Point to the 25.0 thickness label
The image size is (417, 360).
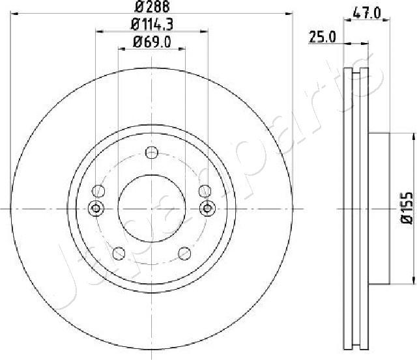pos(322,38)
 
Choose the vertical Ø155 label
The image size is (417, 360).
pos(407,208)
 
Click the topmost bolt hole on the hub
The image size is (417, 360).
pos(152,153)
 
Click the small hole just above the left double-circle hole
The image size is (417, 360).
pos(98,191)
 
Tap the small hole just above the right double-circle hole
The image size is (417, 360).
pos(205,191)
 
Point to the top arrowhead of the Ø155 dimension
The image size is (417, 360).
pos(414,137)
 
